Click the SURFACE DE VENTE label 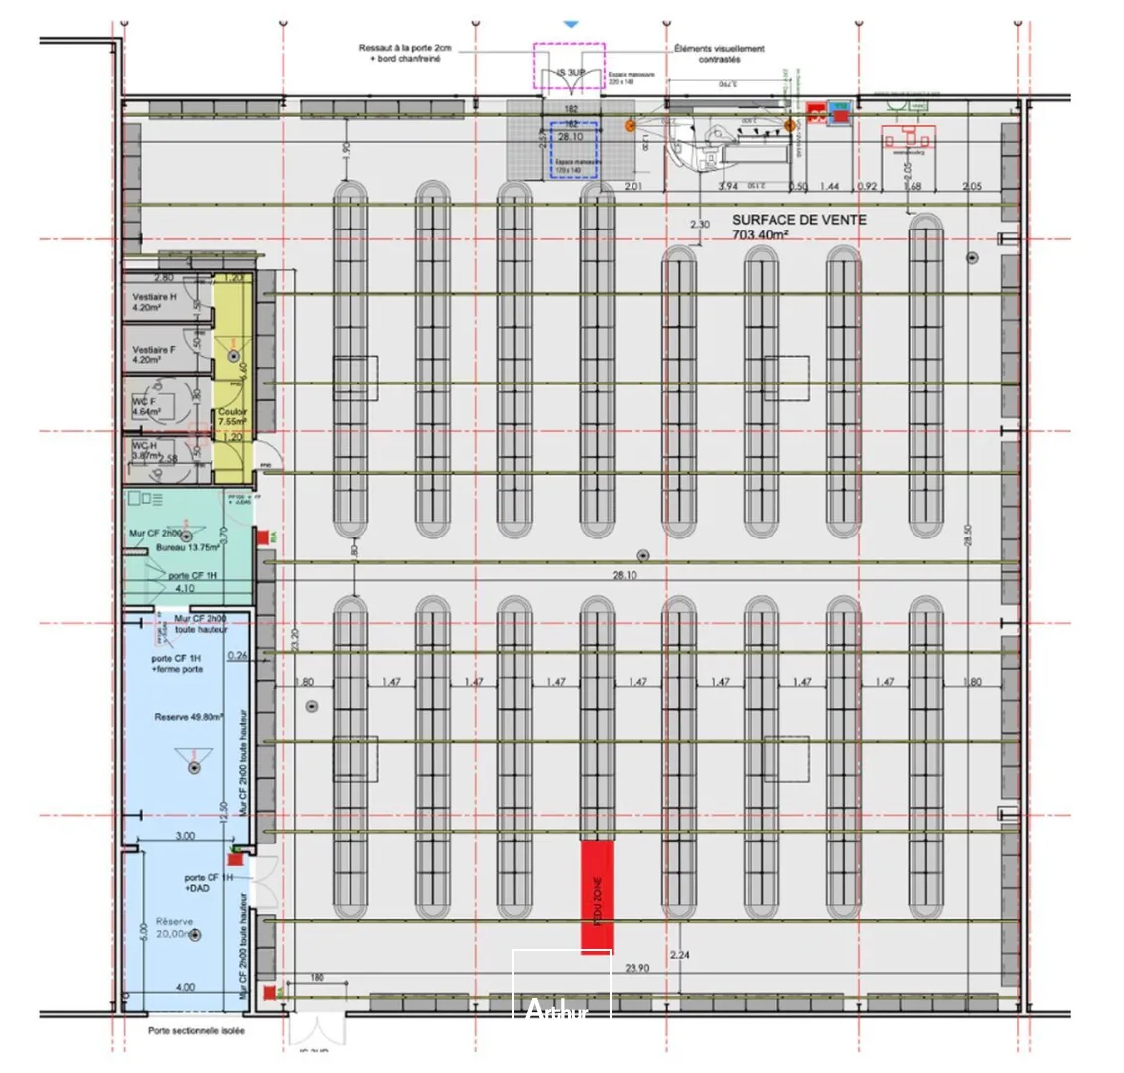pyautogui.click(x=798, y=220)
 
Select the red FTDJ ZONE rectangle pyautogui.click(x=598, y=894)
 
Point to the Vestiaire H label pyautogui.click(x=154, y=298)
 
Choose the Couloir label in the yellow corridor pyautogui.click(x=234, y=412)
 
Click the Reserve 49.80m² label pyautogui.click(x=188, y=716)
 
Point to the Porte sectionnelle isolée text pyautogui.click(x=197, y=1031)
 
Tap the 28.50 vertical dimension pyautogui.click(x=968, y=540)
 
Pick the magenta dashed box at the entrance pyautogui.click(x=569, y=67)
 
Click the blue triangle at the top pyautogui.click(x=570, y=21)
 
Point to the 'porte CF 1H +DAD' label pyautogui.click(x=210, y=883)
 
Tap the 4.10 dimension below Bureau pyautogui.click(x=185, y=588)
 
